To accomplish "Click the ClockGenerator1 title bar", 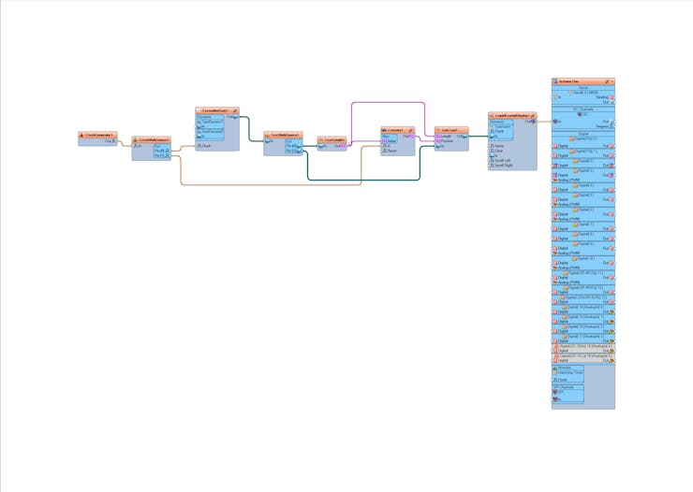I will pyautogui.click(x=97, y=135).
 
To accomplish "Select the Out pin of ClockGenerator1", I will pyautogui.click(x=114, y=141).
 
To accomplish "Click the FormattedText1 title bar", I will pyautogui.click(x=215, y=110).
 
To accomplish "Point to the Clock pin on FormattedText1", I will pyautogui.click(x=200, y=146).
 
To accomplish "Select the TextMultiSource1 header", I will pyautogui.click(x=281, y=135).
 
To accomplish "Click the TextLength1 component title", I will pyautogui.click(x=332, y=139).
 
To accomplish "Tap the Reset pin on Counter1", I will pyautogui.click(x=385, y=151).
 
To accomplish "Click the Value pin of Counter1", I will pyautogui.click(x=385, y=141).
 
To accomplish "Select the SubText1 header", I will pyautogui.click(x=450, y=130).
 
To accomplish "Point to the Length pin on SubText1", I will pyautogui.click(x=438, y=136).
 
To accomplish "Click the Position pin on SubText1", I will pyautogui.click(x=438, y=141).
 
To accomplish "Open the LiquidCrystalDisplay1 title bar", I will pyautogui.click(x=510, y=116).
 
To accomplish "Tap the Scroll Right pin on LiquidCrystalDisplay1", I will pyautogui.click(x=492, y=166).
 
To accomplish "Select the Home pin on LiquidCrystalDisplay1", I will pyautogui.click(x=492, y=146).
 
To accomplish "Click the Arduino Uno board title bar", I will pyautogui.click(x=582, y=81).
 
